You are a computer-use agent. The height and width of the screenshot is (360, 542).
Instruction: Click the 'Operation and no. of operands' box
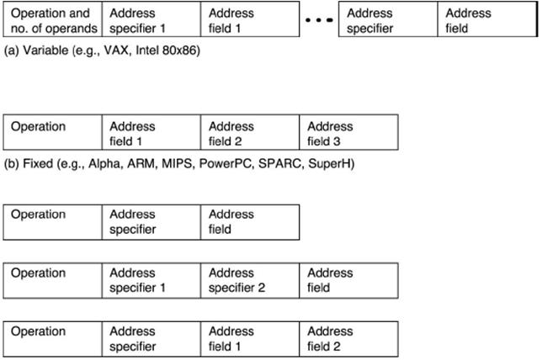52,19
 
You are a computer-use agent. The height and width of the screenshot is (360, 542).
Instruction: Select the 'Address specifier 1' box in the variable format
151,19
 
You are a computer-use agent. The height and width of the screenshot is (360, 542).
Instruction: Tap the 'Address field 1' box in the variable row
250,19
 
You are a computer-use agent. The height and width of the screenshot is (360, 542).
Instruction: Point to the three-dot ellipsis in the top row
319,20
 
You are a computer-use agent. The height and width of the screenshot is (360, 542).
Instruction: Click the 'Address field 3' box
348,132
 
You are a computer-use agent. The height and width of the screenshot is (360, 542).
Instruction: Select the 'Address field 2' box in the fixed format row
250,132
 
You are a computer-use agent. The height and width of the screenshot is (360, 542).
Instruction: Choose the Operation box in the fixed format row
52,132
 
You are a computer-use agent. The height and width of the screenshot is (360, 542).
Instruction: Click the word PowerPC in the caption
226,163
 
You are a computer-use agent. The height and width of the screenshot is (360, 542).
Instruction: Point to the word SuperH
329,164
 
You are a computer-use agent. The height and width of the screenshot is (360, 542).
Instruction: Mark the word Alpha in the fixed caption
105,163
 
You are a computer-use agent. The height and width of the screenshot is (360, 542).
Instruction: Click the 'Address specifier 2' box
250,281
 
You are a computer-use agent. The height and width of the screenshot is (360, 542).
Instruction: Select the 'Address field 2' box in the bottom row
348,339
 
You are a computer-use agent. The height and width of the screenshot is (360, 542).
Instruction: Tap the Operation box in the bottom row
52,339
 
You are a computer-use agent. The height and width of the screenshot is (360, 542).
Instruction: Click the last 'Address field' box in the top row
487,19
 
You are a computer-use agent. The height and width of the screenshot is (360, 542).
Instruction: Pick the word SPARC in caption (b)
279,163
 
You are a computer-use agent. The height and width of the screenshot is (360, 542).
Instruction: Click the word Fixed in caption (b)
38,163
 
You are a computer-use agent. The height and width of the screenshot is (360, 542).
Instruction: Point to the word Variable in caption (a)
45,50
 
